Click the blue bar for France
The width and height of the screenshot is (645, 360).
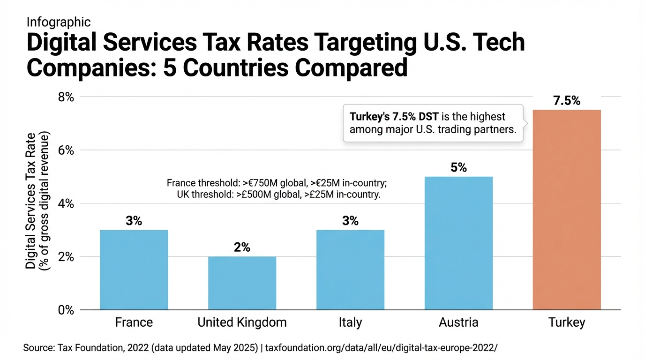(x=134, y=270)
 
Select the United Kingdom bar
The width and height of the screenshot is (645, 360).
(x=242, y=283)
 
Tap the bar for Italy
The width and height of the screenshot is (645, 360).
(x=350, y=270)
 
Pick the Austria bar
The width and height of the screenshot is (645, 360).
(x=458, y=243)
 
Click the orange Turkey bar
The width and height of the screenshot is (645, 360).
(x=567, y=210)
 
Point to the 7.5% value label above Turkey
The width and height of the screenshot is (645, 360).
(x=567, y=101)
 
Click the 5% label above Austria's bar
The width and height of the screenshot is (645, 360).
(x=458, y=168)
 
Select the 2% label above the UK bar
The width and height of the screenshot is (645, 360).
(x=242, y=247)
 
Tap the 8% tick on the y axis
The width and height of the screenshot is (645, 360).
(x=66, y=97)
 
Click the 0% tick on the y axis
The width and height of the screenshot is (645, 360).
(x=66, y=310)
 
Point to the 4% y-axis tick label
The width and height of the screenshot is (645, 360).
(x=66, y=203)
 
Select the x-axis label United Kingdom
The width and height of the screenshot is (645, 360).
(x=242, y=323)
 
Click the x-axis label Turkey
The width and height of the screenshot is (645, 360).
(x=567, y=323)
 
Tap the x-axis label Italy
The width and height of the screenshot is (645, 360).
(x=350, y=323)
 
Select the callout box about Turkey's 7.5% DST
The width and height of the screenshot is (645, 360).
(x=434, y=123)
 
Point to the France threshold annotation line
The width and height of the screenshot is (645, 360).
(x=277, y=183)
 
